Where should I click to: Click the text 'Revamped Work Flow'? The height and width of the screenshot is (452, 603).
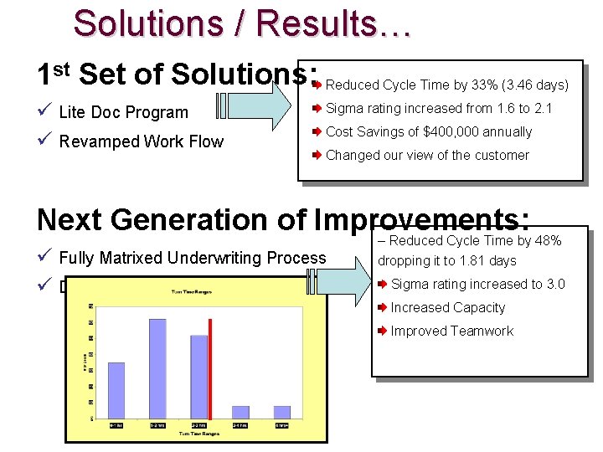142,141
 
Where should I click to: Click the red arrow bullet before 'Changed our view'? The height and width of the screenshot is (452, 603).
317,155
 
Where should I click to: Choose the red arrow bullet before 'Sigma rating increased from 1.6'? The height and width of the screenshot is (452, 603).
317,108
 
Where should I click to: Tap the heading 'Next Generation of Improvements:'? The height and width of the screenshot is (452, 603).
283,219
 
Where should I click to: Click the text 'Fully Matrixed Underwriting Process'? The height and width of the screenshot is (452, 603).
193,258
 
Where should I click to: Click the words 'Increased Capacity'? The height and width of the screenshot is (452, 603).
447,307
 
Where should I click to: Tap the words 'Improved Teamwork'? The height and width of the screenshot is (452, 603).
451,331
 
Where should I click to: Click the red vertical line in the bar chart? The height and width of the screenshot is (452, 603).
210,367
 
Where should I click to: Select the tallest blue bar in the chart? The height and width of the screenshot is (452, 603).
157,368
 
